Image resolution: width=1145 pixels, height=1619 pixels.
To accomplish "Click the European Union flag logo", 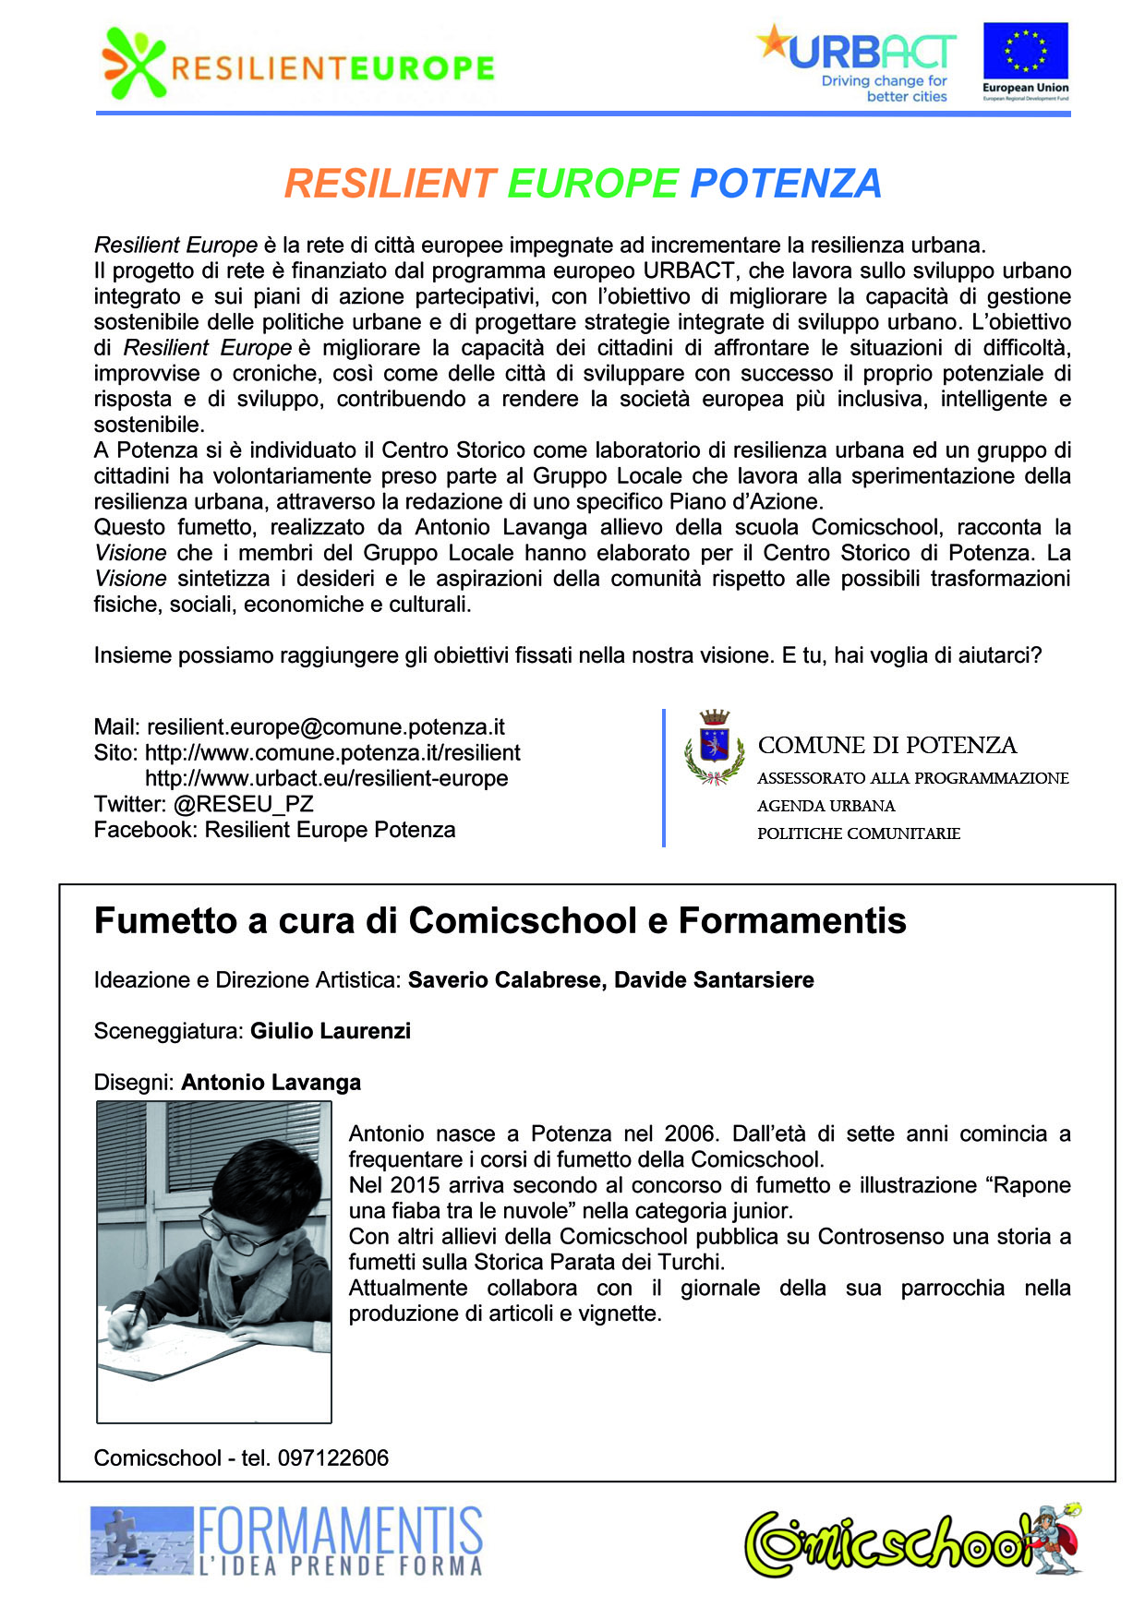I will point(1025,52).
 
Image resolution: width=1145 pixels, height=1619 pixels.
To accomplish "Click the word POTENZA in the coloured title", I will point(786,183).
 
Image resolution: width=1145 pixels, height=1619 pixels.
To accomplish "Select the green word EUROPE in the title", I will point(593,183).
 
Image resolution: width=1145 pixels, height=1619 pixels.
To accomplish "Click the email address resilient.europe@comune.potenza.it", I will point(326,726).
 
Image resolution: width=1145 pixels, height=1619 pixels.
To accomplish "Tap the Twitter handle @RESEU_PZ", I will point(243,804).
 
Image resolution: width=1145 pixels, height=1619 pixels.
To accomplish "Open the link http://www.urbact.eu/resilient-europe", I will point(326,778).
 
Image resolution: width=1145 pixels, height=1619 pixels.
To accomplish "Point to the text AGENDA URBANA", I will point(826,806).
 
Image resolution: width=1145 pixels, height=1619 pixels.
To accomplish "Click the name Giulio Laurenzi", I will point(330,1031).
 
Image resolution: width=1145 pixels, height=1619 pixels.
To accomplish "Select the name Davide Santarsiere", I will point(714,979).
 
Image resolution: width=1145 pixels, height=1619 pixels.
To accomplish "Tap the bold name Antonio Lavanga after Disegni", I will point(271,1083).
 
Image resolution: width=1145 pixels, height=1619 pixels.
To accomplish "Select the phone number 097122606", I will point(332,1457).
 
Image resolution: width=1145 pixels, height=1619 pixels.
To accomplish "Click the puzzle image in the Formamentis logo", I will point(141,1540).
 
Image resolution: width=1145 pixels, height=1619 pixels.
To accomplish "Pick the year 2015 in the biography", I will point(415,1185).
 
